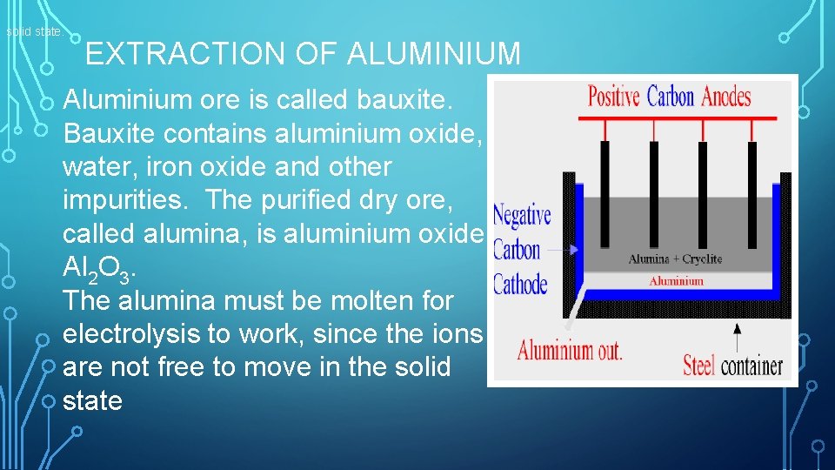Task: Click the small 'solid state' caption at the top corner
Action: (x=34, y=32)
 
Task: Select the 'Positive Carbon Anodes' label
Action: (x=669, y=95)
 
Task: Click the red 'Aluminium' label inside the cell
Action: (x=676, y=281)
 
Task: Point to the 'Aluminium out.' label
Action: (x=570, y=352)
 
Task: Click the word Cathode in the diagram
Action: (x=520, y=285)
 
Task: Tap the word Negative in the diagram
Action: (x=522, y=216)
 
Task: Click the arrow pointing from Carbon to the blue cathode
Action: (x=563, y=250)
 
